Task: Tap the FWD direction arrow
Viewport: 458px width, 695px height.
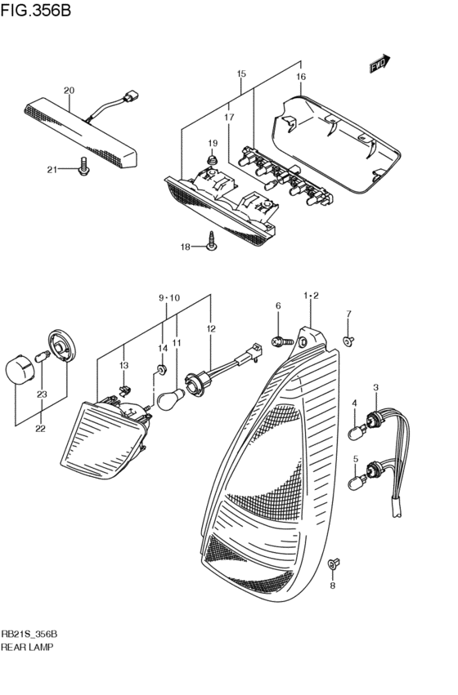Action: pyautogui.click(x=379, y=64)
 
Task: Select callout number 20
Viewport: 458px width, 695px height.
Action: pyautogui.click(x=69, y=90)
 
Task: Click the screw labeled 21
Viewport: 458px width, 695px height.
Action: pyautogui.click(x=83, y=169)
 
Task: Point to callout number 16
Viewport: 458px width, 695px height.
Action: pyautogui.click(x=300, y=77)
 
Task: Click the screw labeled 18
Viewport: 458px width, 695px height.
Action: pyautogui.click(x=211, y=242)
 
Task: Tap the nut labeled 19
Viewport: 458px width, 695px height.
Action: pyautogui.click(x=212, y=162)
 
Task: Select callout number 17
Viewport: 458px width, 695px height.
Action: pyautogui.click(x=229, y=118)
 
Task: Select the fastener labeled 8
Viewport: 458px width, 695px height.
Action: pyautogui.click(x=333, y=564)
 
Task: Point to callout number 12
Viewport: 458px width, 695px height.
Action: pyautogui.click(x=211, y=328)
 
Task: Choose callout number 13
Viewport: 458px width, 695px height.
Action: pyautogui.click(x=124, y=365)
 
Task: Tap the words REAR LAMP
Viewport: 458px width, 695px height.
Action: pyautogui.click(x=29, y=648)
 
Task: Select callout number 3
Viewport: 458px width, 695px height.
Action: pyautogui.click(x=375, y=387)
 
